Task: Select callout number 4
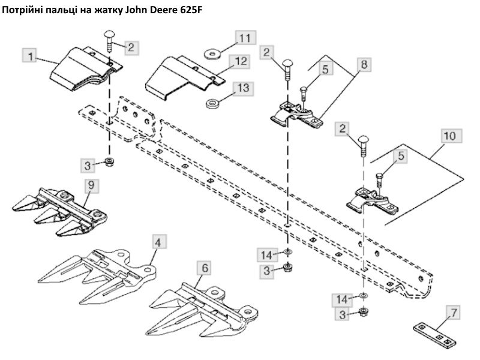point(158,242)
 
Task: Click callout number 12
point(242,61)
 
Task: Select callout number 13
point(242,88)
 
